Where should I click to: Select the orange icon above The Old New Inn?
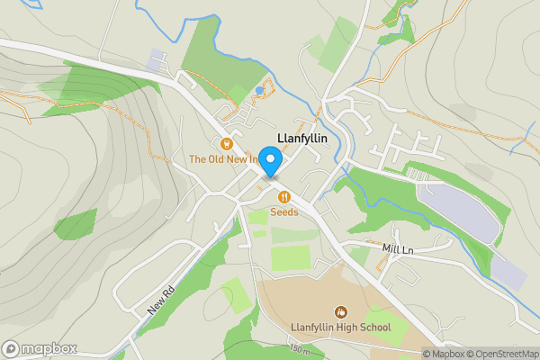pos(227,144)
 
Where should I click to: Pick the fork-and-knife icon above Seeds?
pos(284,197)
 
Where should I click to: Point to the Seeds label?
pos(284,212)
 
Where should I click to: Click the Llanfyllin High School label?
pos(340,327)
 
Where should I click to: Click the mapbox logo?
pos(40,348)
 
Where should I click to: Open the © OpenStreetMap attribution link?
pos(498,354)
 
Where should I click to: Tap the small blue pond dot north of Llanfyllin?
pos(259,90)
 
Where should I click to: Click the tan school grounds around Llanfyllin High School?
pos(297,297)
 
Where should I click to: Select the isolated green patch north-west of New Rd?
pos(76,223)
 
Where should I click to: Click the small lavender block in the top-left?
pos(157,59)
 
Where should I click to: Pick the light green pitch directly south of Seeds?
pos(290,257)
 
